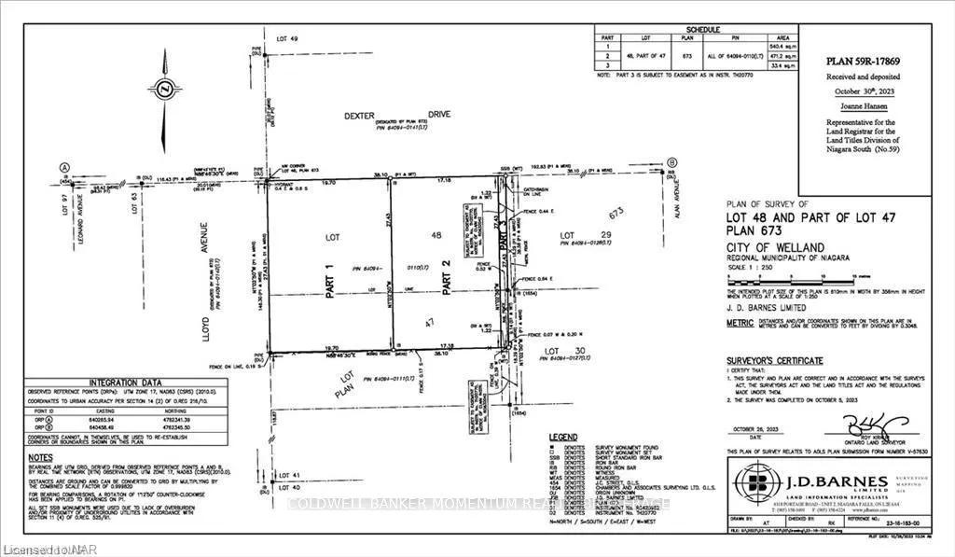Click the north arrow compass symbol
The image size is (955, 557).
(163, 89)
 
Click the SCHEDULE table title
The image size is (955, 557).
(703, 29)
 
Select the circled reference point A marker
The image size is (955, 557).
(64, 169)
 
